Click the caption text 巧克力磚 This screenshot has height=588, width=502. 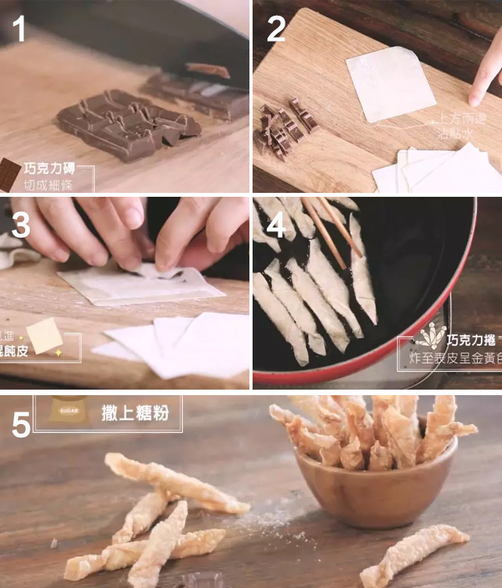pyautogui.click(x=51, y=169)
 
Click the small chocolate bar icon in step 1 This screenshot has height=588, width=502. pyautogui.click(x=9, y=174)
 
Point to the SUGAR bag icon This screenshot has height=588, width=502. pyautogui.click(x=68, y=410)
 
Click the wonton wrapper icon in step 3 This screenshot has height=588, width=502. pyautogui.click(x=44, y=336)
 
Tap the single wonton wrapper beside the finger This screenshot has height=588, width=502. pyautogui.click(x=390, y=82)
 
